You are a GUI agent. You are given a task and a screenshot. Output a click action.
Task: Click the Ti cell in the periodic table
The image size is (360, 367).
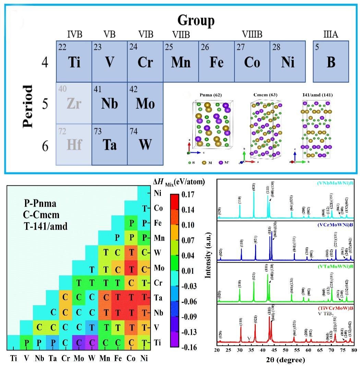coord(74,61)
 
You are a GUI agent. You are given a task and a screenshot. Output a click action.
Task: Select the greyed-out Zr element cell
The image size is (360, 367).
coord(74,103)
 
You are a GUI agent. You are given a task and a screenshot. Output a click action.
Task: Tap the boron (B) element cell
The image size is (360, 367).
coord(331,61)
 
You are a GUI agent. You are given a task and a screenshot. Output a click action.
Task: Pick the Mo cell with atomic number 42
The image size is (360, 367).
coord(145,103)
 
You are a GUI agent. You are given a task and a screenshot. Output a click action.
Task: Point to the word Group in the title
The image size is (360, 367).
coord(196,21)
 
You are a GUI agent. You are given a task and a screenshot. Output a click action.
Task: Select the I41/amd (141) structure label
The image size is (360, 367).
coord(315,94)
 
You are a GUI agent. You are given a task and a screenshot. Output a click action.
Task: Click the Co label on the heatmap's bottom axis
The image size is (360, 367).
coord(131,358)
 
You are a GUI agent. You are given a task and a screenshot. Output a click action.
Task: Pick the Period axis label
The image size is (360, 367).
coord(27,106)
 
